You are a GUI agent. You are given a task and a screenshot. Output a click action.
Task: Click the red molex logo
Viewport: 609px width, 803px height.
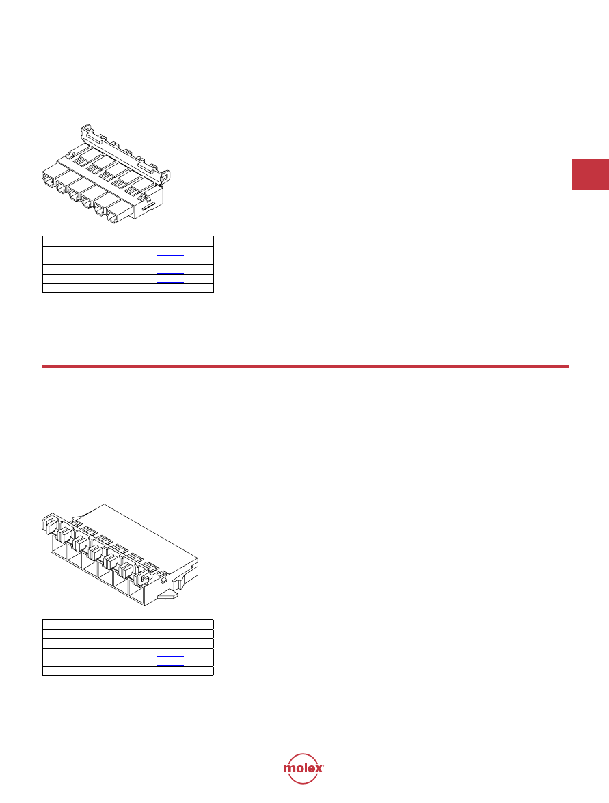pyautogui.click(x=303, y=768)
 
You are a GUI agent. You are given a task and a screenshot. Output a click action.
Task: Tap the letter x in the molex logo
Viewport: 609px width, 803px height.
pyautogui.click(x=318, y=768)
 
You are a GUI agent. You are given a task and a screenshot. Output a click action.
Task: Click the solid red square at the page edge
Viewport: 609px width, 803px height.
pyautogui.click(x=590, y=175)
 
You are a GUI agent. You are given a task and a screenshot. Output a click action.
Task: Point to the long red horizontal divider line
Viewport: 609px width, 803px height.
pyautogui.click(x=306, y=367)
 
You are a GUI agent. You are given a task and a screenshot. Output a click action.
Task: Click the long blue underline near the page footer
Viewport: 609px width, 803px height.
pyautogui.click(x=130, y=774)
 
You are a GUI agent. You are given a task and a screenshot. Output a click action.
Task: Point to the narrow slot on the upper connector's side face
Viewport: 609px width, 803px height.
pyautogui.click(x=150, y=207)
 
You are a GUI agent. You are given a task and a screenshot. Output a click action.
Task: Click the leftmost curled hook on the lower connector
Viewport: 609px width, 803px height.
pyautogui.click(x=47, y=524)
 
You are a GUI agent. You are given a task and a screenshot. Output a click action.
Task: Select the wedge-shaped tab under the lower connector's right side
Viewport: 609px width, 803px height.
pyautogui.click(x=168, y=595)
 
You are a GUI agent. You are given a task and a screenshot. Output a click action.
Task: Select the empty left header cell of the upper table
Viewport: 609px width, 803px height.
pyautogui.click(x=85, y=241)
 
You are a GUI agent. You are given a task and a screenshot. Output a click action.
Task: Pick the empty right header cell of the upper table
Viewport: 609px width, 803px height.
pyautogui.click(x=171, y=241)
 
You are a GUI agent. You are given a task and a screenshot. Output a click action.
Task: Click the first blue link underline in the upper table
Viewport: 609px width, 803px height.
pyautogui.click(x=171, y=255)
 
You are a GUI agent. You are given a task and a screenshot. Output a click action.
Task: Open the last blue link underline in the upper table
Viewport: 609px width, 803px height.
pyautogui.click(x=171, y=292)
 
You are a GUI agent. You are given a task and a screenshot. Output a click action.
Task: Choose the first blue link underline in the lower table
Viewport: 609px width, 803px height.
pyautogui.click(x=171, y=638)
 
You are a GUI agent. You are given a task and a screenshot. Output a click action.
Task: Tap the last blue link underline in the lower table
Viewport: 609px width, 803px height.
pyautogui.click(x=171, y=675)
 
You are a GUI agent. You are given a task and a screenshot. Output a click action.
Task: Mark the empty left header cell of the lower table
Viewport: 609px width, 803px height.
pyautogui.click(x=85, y=624)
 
